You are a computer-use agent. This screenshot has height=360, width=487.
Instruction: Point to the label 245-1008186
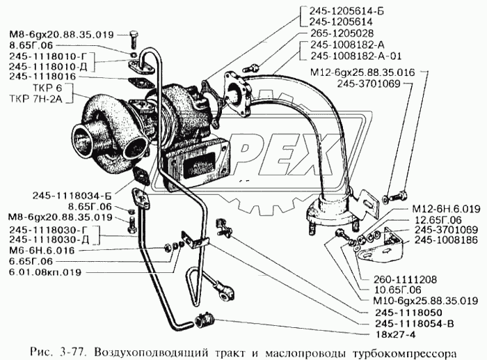point(445,240)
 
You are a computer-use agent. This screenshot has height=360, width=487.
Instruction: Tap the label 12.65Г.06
point(436,218)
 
